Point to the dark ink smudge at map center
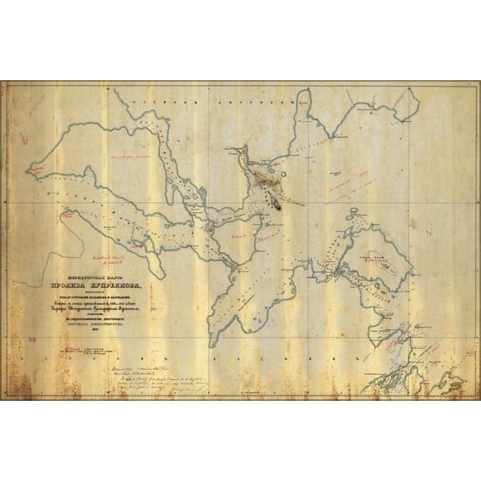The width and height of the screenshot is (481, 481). pos(273,200)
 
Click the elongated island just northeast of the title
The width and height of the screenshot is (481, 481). pos(154,258)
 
